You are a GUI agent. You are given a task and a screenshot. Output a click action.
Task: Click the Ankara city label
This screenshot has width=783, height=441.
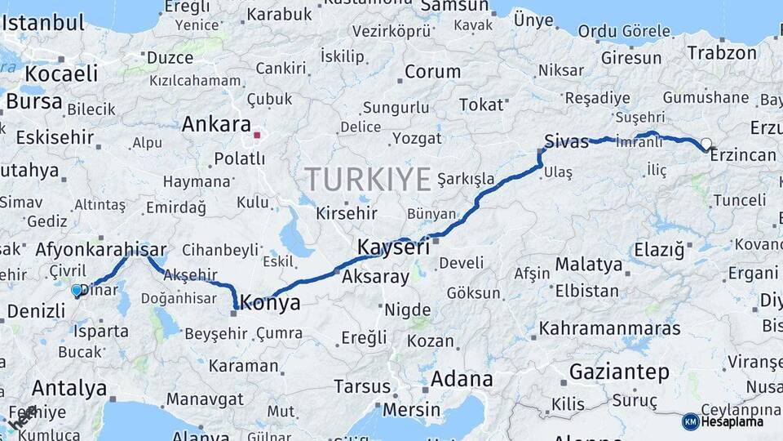point(216,125)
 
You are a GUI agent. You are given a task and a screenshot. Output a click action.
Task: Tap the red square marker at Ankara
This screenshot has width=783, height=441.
point(257,136)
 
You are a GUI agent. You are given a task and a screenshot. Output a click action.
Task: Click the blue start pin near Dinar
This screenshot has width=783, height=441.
point(77,290)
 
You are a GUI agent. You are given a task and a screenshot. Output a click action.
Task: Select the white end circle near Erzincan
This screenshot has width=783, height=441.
point(706,144)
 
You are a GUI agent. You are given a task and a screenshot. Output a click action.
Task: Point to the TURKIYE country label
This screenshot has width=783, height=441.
point(368,179)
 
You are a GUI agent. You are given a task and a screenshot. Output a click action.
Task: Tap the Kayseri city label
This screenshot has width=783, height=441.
point(393,247)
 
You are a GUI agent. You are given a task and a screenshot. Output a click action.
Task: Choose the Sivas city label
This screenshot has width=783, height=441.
point(567,141)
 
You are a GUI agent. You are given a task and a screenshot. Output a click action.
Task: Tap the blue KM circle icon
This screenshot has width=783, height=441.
point(690,421)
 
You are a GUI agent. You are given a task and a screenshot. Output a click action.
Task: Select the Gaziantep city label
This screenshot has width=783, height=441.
point(620,372)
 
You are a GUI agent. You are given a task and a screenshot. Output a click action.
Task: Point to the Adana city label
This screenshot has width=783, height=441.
point(462,380)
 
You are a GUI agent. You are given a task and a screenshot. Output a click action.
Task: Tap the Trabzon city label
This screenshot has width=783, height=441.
point(722,53)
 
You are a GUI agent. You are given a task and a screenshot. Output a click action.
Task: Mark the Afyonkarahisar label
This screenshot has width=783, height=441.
point(101,250)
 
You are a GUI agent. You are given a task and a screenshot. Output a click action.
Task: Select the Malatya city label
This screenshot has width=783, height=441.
point(589,265)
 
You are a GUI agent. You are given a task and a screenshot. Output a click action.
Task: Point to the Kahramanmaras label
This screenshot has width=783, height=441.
point(609,329)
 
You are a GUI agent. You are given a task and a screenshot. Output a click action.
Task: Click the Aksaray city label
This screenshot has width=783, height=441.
point(376,277)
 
